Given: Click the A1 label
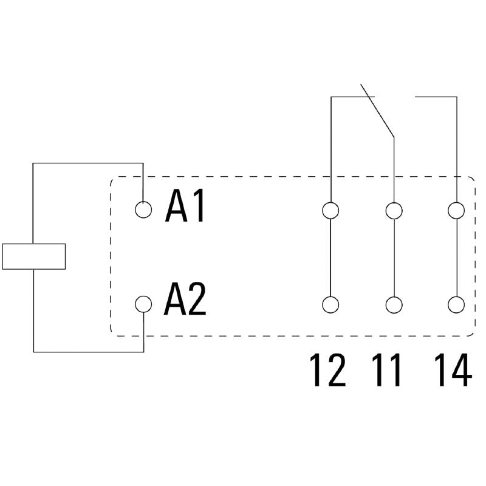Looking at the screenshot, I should point(185,208).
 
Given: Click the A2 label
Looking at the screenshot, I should point(185,302).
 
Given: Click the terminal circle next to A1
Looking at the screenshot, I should point(143,210).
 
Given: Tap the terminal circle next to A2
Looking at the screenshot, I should point(143,303).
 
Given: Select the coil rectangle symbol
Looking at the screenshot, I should point(34,256).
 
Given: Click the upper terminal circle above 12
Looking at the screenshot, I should point(330,210).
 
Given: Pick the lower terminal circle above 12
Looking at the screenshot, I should point(330,304).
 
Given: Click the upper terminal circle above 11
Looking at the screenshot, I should point(394,210).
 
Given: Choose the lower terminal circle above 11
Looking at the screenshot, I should point(394,304).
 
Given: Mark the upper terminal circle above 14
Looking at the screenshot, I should point(456,210).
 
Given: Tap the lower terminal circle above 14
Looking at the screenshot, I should point(456,304).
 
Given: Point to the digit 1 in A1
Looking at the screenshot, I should point(198,208).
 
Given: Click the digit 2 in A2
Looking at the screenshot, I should point(197,302).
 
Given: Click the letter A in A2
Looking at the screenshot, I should point(175,302).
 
